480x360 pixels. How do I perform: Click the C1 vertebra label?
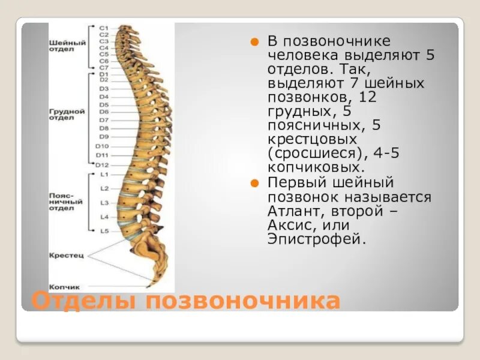point(103,28)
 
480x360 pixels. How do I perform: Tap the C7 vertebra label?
point(103,68)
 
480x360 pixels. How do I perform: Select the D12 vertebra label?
point(102,165)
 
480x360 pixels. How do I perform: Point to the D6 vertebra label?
point(104,112)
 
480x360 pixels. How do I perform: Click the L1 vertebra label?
point(104,175)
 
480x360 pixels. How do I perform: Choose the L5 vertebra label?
point(104,230)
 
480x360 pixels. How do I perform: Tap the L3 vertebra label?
point(104,203)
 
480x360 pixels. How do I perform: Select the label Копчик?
point(64,287)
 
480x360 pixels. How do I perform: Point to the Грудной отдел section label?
point(67,115)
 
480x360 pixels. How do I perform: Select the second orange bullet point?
point(254,183)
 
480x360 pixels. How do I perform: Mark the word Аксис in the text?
point(292,226)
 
